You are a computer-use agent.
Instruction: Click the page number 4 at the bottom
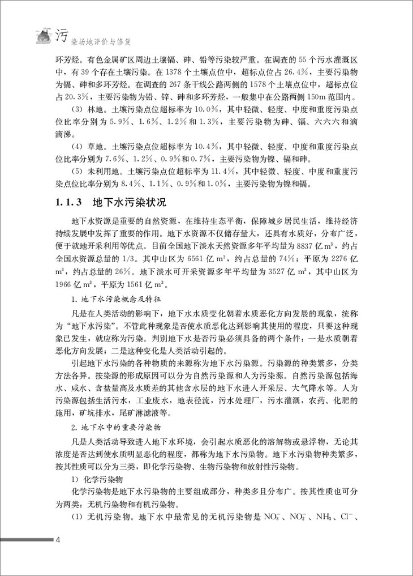tap(57, 540)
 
